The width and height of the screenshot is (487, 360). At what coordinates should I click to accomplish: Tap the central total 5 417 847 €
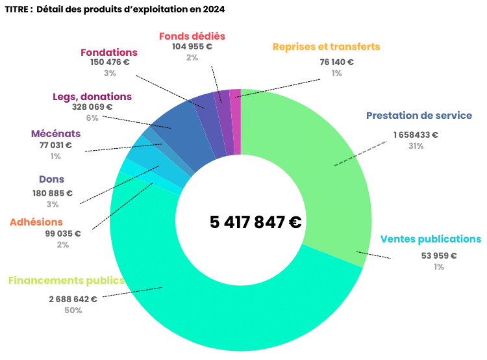[255, 222]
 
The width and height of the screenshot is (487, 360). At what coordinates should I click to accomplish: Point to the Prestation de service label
[419, 116]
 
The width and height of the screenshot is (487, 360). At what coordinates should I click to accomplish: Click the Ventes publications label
[431, 239]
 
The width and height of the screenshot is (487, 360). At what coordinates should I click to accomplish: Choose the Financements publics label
[66, 281]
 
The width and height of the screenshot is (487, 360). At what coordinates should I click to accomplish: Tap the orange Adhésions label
[36, 222]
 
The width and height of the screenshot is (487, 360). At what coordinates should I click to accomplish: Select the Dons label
[51, 179]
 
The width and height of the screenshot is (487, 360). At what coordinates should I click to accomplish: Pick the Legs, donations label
[92, 97]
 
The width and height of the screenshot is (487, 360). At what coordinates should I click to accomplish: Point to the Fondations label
[109, 53]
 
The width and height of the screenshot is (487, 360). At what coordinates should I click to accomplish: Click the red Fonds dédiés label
[192, 36]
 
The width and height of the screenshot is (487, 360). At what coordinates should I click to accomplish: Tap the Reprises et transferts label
[326, 47]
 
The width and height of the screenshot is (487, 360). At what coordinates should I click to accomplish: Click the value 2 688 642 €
[73, 300]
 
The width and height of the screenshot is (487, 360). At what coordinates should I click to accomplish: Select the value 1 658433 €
[416, 135]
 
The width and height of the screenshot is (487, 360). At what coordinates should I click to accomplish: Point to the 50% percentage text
[73, 311]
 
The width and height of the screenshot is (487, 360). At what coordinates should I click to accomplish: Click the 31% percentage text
[416, 146]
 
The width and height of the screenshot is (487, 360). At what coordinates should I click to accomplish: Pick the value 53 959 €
[439, 255]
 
